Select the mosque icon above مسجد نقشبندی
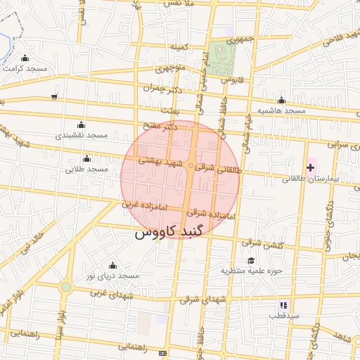tap(80, 124)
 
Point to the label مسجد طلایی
tap(86, 169)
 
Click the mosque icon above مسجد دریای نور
tap(112, 265)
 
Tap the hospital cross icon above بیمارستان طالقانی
tap(311, 167)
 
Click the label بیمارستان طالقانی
tap(311, 179)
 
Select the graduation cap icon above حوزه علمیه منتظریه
tap(251, 261)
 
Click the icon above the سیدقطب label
tap(283, 305)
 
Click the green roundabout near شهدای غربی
tap(65, 287)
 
